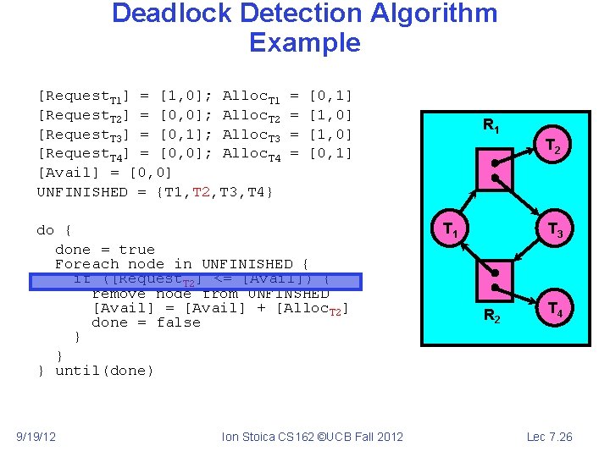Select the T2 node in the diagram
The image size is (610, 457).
[552, 148]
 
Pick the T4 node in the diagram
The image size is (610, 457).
[554, 309]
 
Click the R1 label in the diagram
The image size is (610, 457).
[491, 125]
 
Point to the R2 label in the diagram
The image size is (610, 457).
[491, 317]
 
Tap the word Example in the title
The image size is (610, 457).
[305, 42]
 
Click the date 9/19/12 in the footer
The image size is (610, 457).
[36, 437]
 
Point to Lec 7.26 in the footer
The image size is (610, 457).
[549, 437]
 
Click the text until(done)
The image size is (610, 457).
[105, 371]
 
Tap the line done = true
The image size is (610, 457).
[105, 250]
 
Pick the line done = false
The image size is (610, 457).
[146, 322]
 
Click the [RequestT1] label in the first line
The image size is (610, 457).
[83, 96]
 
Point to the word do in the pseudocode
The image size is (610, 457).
[46, 230]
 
